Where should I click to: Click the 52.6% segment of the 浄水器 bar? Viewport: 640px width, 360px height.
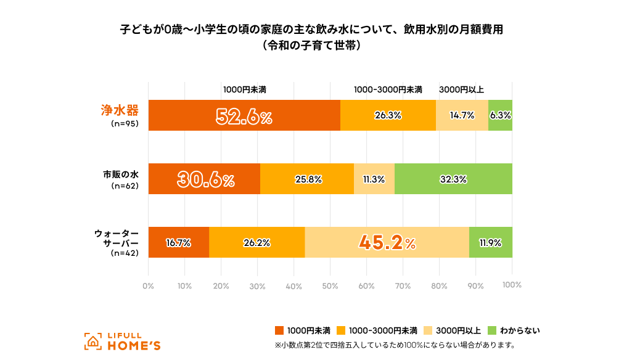click(244, 115)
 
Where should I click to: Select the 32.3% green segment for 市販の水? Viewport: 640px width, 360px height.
click(453, 179)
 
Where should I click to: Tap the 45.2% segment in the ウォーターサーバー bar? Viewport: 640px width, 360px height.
click(387, 243)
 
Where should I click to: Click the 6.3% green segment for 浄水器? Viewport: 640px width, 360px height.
click(500, 115)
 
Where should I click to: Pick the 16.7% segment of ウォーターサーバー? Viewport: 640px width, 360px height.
click(178, 243)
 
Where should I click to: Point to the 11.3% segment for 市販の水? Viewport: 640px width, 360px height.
click(374, 179)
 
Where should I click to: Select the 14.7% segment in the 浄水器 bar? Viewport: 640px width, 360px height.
click(462, 115)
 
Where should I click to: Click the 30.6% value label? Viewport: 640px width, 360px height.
click(206, 179)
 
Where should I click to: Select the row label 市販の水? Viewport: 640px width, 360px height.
click(120, 174)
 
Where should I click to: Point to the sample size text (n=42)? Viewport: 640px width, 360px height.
click(125, 253)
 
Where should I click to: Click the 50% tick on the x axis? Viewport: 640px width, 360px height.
click(330, 285)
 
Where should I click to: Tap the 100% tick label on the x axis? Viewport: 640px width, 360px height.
click(512, 285)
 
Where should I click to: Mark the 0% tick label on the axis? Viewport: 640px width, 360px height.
click(148, 285)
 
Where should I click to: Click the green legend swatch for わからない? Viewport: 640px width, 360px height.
click(491, 330)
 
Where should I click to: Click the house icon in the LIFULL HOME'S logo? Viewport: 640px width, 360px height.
click(93, 341)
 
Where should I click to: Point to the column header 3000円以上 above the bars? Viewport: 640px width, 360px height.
click(461, 89)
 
